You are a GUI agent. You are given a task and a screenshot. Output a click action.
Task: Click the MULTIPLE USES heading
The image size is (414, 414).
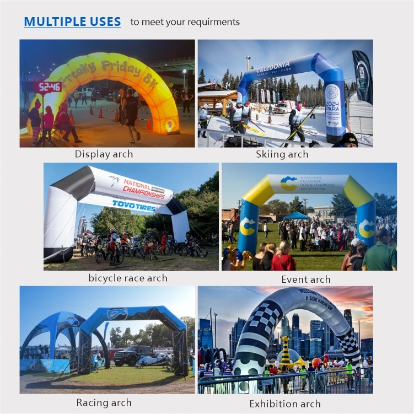click(72, 22)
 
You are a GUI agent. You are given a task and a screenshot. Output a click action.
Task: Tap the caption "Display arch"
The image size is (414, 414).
click(104, 154)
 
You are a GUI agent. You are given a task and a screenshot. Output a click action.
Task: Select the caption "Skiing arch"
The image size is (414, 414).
click(282, 154)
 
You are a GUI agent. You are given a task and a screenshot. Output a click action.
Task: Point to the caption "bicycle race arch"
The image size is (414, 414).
click(128, 278)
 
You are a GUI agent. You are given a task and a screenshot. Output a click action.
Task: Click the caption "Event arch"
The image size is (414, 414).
click(306, 279)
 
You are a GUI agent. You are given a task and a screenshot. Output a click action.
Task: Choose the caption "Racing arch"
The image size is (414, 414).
click(104, 402)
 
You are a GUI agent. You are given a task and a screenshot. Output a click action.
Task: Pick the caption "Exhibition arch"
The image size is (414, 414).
click(285, 404)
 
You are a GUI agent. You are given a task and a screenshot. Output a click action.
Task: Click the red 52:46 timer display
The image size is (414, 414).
click(50, 87)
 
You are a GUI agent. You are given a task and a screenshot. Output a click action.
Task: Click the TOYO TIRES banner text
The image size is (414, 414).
click(135, 204)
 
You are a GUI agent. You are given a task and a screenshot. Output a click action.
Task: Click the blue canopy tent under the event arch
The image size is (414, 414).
click(297, 216)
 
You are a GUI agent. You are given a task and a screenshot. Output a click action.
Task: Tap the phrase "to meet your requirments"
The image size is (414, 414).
click(185, 22)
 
